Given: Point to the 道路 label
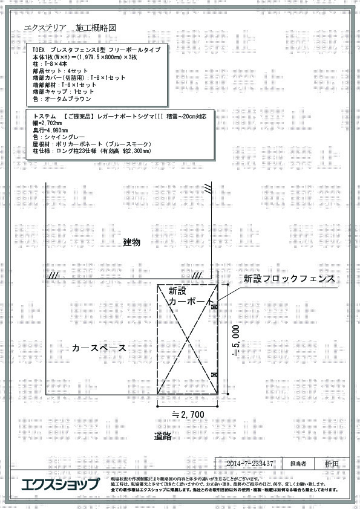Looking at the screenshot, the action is pos(163,436).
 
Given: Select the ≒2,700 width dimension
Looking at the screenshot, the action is pos(188,415).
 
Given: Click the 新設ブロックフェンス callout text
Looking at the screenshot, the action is pos(289,279).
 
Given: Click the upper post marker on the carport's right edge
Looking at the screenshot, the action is pos(214,307).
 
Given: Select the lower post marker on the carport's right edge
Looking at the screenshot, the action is pos(214,376).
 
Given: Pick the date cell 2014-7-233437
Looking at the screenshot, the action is pos(249,464).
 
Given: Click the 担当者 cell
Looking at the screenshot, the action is pos(298,464).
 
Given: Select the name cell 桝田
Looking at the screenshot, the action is pos(331,464).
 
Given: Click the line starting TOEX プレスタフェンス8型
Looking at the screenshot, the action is pos(96,50).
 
